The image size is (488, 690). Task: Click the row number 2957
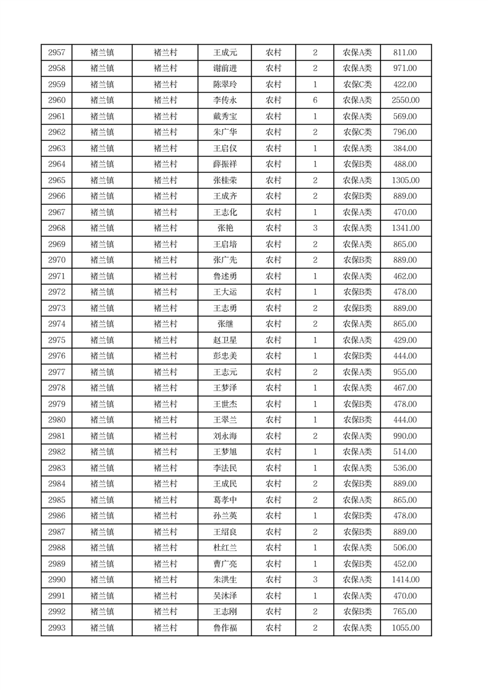[x=57, y=53]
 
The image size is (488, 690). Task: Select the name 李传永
[x=225, y=101]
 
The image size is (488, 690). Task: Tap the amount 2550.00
[x=405, y=101]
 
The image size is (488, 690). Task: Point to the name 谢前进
[x=225, y=69]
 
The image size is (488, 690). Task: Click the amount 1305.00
[x=405, y=181]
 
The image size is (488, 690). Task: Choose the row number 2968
[x=57, y=229]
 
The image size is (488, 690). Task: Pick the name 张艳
[x=225, y=229]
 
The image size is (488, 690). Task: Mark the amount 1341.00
[x=405, y=229]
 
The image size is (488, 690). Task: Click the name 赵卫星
[x=225, y=341]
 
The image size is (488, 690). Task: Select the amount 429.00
[x=405, y=341]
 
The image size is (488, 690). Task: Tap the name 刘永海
[x=225, y=437]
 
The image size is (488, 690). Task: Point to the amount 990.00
[x=405, y=437]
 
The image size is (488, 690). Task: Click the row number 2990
[x=57, y=580]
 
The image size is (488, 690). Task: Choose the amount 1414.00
[x=405, y=580]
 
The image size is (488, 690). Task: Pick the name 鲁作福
[x=225, y=628]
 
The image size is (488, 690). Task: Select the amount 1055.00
[x=405, y=628]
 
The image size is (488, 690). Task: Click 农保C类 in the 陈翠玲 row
[x=357, y=85]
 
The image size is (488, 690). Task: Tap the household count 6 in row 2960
[x=315, y=101]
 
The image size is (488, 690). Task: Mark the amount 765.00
[x=405, y=612]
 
